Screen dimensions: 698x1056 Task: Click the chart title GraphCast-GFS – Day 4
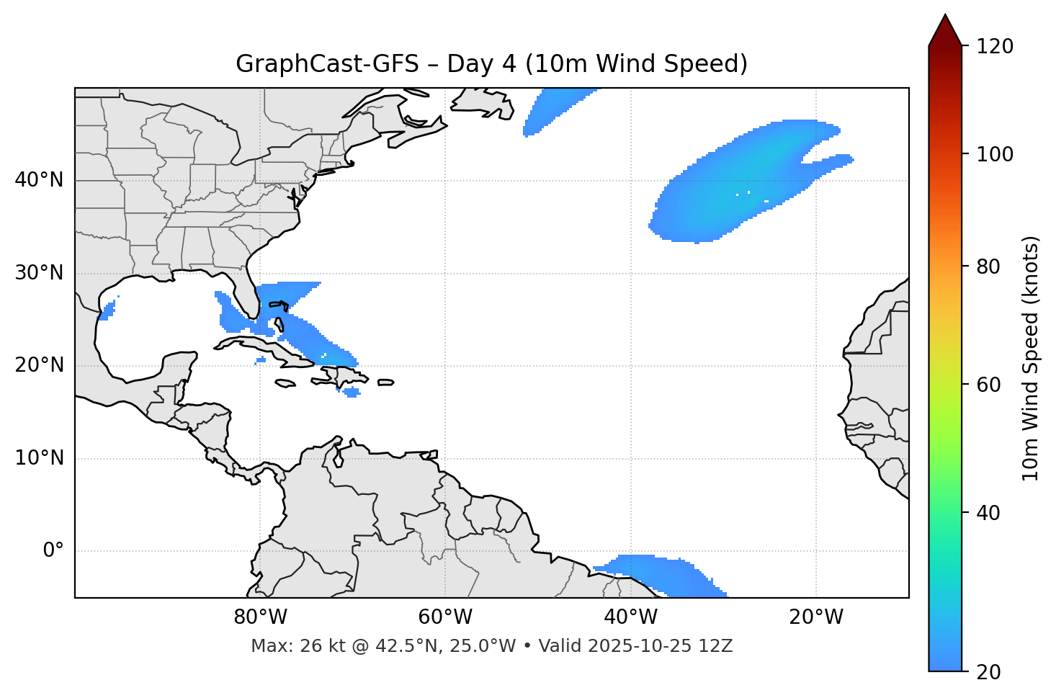click(491, 64)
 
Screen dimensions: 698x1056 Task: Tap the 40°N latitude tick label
click(39, 180)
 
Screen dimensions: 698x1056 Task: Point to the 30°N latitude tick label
click(39, 273)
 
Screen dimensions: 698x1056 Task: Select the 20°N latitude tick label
click(39, 365)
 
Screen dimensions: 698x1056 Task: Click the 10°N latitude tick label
click(39, 458)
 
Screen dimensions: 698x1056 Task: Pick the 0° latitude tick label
click(53, 551)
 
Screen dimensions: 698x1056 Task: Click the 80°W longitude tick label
click(260, 617)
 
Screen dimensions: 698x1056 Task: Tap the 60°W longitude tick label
click(445, 617)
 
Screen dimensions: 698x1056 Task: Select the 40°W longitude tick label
click(630, 617)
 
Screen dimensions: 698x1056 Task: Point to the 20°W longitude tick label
click(815, 617)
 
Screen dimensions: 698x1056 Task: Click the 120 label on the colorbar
click(995, 47)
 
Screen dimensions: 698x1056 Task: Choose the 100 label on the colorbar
click(995, 154)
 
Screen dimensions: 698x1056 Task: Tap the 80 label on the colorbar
click(990, 267)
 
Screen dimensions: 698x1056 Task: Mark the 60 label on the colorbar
click(990, 385)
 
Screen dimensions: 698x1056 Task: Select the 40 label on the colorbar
click(990, 513)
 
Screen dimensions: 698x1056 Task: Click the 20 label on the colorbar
click(990, 672)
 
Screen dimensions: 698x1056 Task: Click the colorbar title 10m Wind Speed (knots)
click(1032, 359)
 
